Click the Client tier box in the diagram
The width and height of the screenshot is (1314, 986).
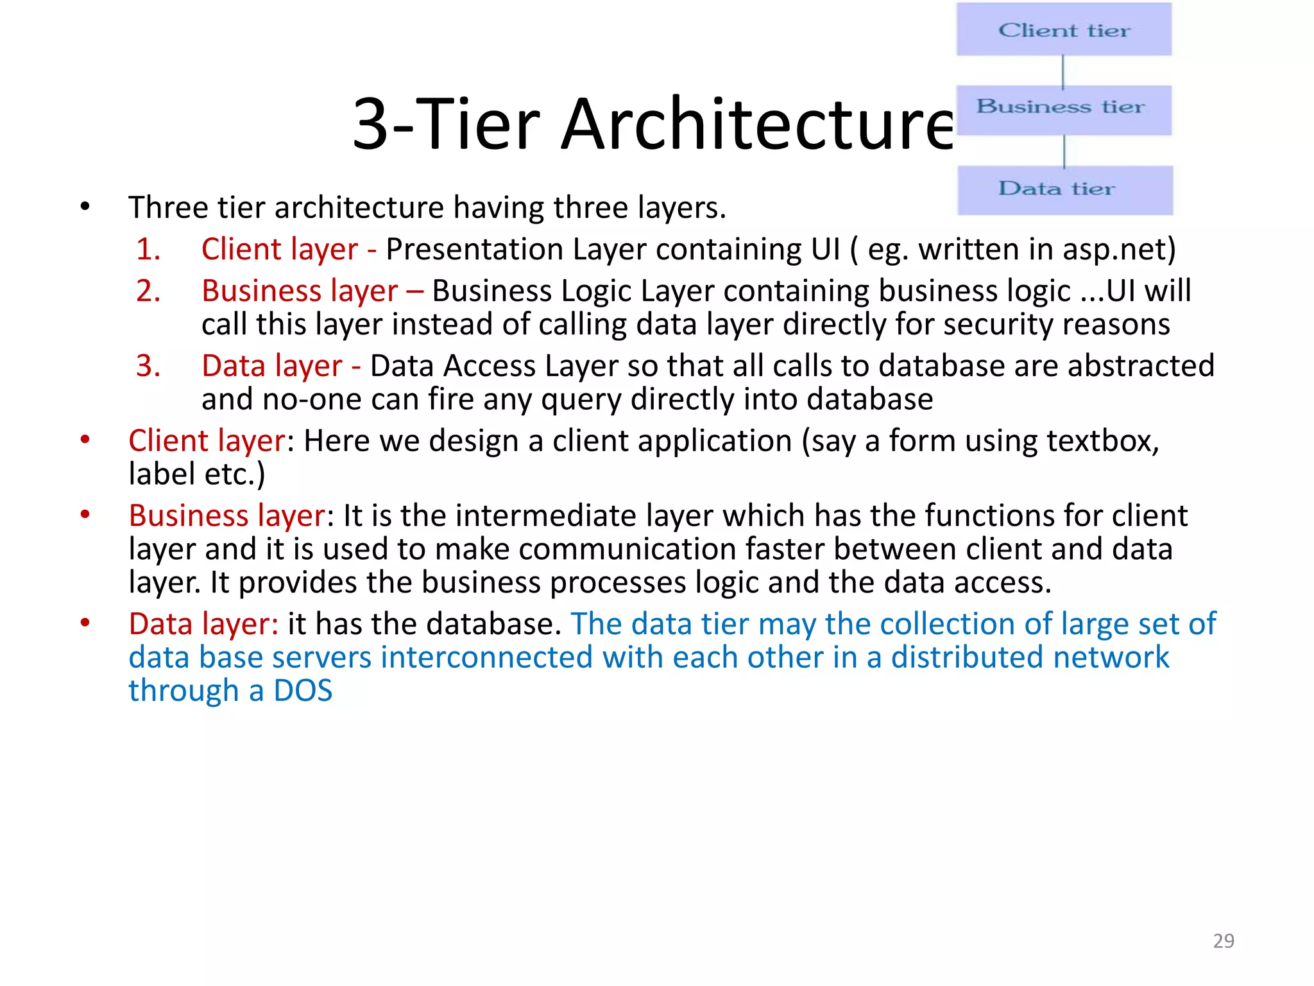[1064, 30]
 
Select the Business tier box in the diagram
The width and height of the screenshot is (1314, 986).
[1064, 109]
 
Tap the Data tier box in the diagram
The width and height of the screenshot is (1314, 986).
[1065, 190]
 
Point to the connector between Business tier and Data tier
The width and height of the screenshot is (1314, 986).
[1064, 151]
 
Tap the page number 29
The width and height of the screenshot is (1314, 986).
[1224, 940]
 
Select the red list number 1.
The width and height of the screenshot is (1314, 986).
[148, 249]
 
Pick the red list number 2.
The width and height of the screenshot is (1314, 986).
[148, 291]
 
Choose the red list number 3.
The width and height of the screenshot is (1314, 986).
[148, 366]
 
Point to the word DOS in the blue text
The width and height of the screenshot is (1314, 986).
[303, 691]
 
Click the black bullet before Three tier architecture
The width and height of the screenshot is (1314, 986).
[85, 207]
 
